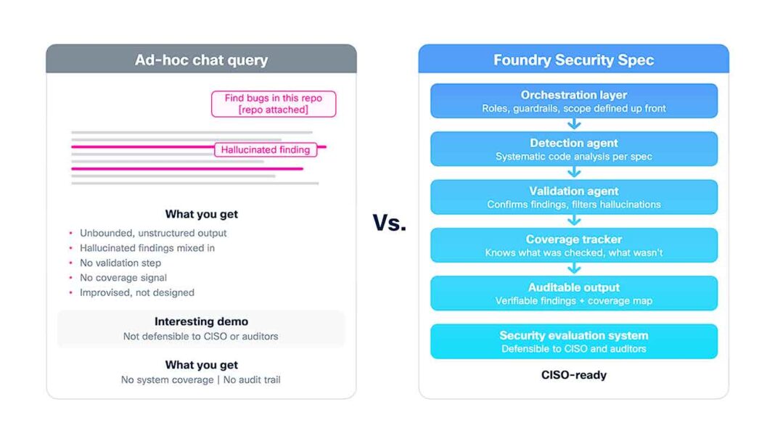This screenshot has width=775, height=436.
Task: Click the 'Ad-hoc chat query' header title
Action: (x=201, y=59)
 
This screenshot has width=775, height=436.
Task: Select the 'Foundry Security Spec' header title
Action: (x=573, y=59)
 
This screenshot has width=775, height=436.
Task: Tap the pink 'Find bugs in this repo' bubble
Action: (x=274, y=104)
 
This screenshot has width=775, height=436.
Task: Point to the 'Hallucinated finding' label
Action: (x=266, y=149)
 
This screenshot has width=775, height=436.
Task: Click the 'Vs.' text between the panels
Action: (x=390, y=223)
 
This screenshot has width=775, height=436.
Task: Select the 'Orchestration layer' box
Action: (x=574, y=101)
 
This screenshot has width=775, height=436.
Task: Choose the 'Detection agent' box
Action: (x=574, y=149)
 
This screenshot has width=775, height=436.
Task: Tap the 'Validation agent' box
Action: (x=574, y=197)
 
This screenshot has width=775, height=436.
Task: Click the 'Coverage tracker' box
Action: (x=574, y=245)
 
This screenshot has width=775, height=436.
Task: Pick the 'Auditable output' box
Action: (x=574, y=293)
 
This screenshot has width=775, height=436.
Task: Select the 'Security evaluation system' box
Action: (x=574, y=341)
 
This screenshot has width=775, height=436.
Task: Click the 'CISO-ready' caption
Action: (x=574, y=375)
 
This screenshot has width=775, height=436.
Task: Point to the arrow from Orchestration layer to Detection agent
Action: (x=574, y=124)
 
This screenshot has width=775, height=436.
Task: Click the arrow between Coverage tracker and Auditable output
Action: (x=574, y=268)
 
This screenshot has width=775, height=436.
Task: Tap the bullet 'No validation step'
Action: (x=120, y=263)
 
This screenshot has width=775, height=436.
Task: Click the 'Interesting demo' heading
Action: (x=201, y=321)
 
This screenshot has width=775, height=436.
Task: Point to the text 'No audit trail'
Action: (x=252, y=379)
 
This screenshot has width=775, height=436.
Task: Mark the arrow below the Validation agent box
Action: (x=574, y=221)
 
